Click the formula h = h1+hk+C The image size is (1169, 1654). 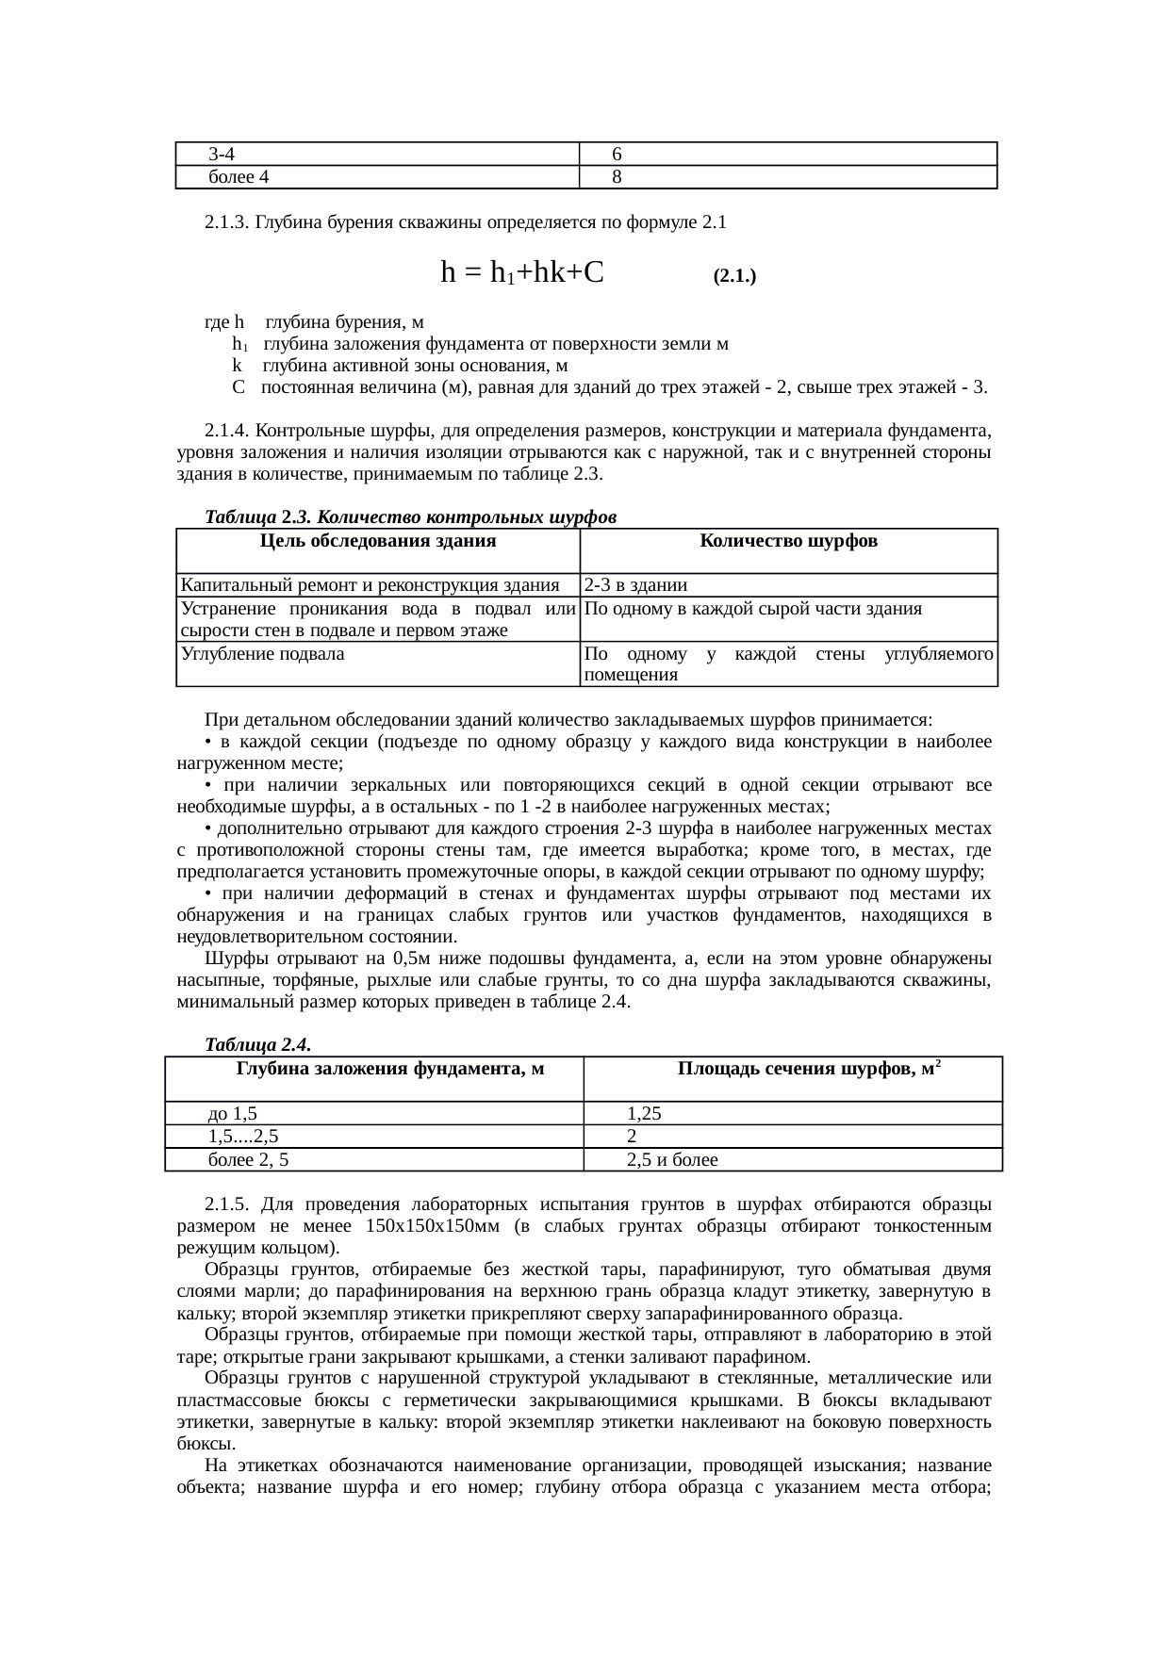coord(521,273)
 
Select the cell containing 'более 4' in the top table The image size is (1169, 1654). coord(239,177)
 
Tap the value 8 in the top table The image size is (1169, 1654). coord(616,177)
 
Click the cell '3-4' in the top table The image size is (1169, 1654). coord(222,154)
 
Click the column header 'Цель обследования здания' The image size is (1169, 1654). coord(377,541)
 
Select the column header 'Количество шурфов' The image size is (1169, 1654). coord(788,541)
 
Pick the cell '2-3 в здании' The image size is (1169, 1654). coord(636,584)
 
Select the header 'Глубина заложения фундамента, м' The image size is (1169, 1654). coord(390,1069)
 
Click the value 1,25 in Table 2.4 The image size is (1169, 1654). coord(644,1113)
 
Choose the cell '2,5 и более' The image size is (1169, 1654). coord(672,1160)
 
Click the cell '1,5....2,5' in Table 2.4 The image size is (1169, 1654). coord(243,1137)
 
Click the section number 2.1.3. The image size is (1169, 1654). coord(226,223)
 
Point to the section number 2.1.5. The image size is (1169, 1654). coord(226,1204)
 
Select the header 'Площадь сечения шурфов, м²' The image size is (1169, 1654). coord(807,1069)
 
